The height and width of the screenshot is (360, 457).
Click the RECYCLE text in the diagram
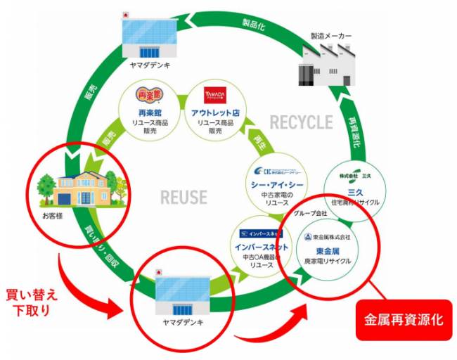tap(301, 122)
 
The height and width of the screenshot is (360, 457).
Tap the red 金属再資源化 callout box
tap(403, 319)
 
